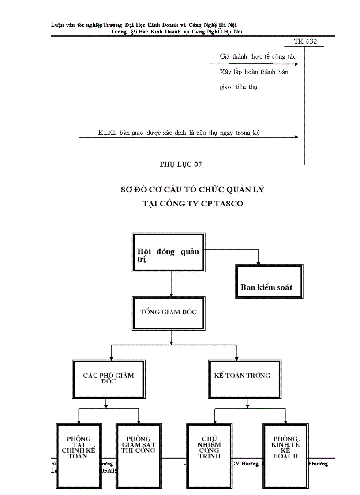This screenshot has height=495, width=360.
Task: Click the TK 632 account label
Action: [305, 42]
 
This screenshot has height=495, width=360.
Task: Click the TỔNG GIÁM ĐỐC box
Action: [168, 312]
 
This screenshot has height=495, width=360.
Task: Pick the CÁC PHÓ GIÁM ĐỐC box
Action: [109, 378]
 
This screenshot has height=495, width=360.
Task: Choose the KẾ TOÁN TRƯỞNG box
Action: [242, 378]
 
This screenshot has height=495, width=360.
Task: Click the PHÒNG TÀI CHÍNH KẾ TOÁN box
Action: [79, 454]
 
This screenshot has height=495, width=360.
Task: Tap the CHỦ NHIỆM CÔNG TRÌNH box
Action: [210, 454]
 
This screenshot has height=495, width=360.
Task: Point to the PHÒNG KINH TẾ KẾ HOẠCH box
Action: [285, 454]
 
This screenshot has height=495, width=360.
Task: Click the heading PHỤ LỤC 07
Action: [180, 164]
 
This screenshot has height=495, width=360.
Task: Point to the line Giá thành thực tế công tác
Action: [258, 57]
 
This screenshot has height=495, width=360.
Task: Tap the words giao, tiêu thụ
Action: [238, 87]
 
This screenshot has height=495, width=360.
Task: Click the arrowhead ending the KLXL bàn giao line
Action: [296, 137]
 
